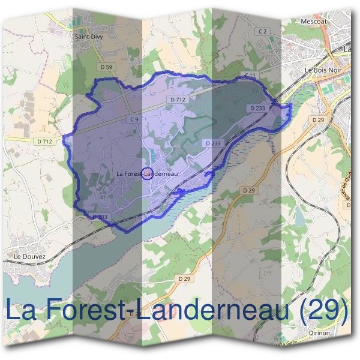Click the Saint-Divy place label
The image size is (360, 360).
coord(86,36)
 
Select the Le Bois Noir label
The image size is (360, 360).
coord(319,70)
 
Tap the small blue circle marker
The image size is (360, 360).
coord(146,174)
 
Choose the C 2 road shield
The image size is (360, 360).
coord(262,31)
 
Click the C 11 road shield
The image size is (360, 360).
coord(250,75)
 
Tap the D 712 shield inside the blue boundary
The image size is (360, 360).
coord(178,99)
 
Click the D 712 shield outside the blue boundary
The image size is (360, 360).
coord(44,141)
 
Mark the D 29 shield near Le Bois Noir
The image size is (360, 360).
coord(318,120)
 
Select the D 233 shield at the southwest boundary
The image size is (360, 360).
coord(100,217)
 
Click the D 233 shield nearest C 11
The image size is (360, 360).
coord(256,108)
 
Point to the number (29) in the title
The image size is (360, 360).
coord(325,311)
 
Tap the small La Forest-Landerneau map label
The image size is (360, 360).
coord(147,174)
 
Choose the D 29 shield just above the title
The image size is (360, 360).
coord(185,279)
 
